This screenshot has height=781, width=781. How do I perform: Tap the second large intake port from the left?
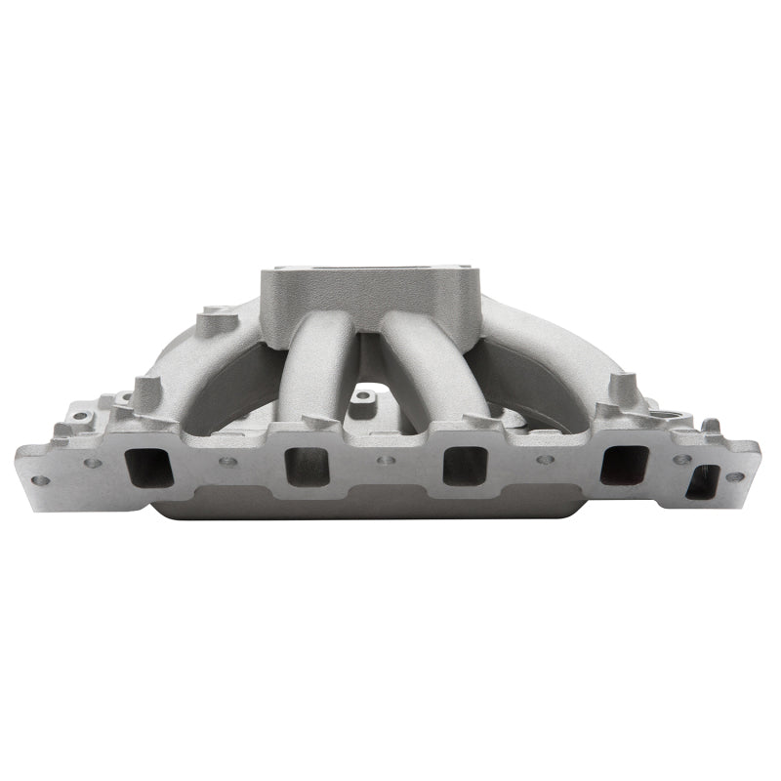pos(307,466)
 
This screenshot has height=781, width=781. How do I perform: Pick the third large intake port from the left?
pos(465,465)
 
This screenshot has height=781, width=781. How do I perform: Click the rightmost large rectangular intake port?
pos(624,465)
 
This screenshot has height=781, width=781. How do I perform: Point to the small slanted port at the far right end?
pos(702,481)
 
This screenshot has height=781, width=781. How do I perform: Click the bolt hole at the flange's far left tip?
pos(40,480)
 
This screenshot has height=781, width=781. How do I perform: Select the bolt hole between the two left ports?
pos(226,462)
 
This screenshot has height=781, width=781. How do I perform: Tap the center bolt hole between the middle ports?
pos(386,460)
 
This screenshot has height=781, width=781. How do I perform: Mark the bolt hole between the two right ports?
pos(544,460)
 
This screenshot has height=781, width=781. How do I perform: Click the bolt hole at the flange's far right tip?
pos(733,476)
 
